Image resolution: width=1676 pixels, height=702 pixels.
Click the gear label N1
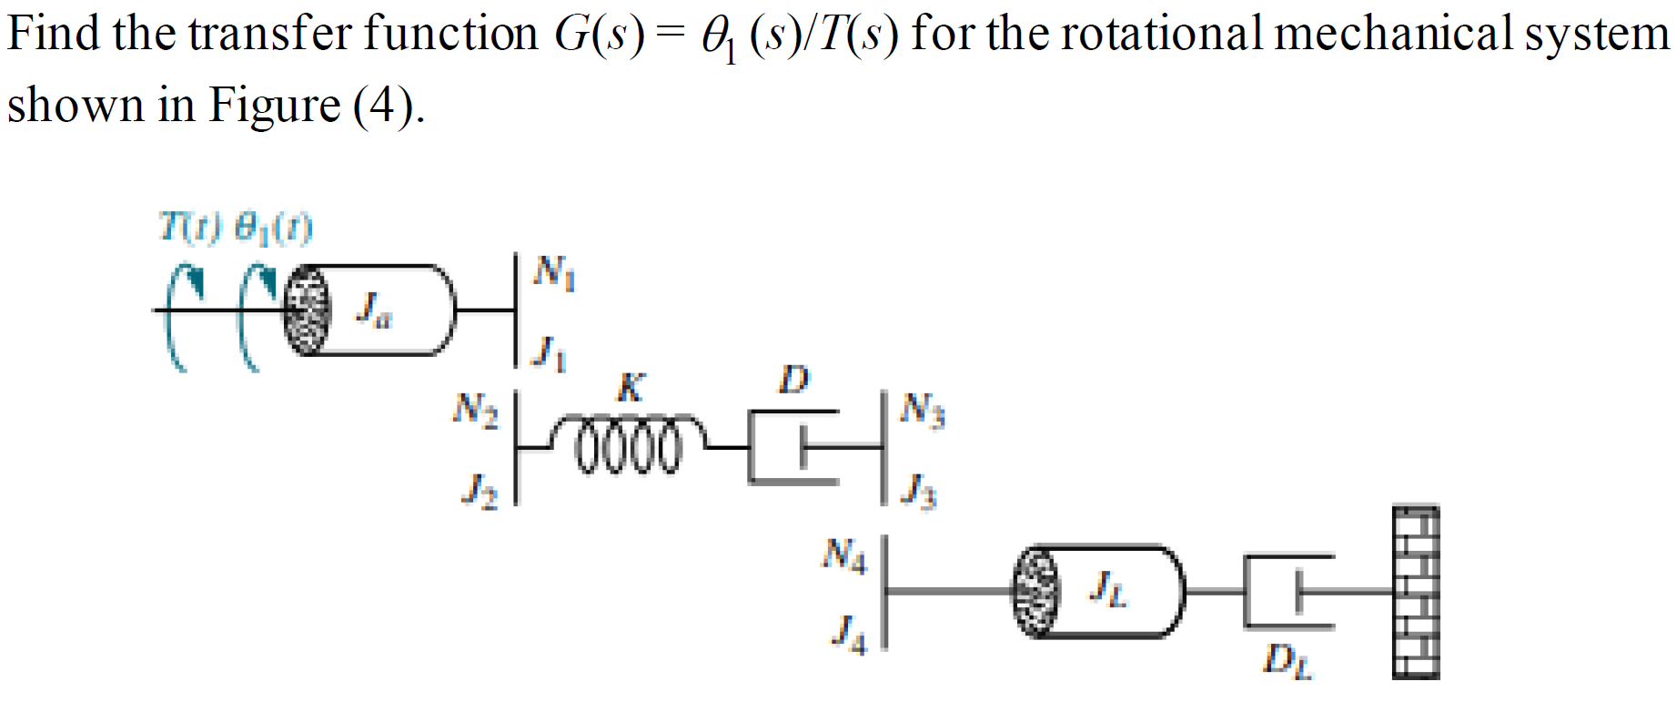pos(554,271)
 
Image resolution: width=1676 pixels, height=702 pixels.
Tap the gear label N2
pos(476,409)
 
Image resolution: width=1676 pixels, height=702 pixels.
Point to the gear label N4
pos(844,554)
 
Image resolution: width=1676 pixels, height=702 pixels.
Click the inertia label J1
pos(549,353)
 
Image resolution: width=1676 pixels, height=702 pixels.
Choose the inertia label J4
pos(849,633)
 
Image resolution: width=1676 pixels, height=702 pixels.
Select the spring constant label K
pos(631,387)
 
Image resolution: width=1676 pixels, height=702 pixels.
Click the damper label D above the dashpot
pos(793,380)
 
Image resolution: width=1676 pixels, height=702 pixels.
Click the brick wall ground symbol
pos(1416,592)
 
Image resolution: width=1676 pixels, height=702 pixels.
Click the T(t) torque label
pos(189,227)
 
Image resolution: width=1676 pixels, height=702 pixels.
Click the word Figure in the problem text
pos(274,106)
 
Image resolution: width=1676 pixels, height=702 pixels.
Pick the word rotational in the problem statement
pos(1161,35)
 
